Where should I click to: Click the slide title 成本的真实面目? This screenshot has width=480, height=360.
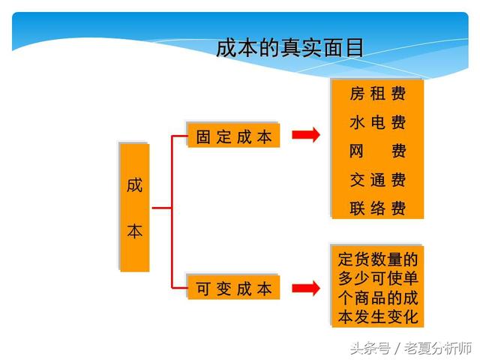click(x=290, y=48)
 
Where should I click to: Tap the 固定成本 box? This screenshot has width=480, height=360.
click(x=233, y=136)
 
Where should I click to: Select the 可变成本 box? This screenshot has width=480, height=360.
click(x=233, y=287)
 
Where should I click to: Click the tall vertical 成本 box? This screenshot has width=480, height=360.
click(x=134, y=207)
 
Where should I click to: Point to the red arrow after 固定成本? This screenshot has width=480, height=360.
click(x=306, y=135)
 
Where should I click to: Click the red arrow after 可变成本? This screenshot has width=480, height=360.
click(x=306, y=288)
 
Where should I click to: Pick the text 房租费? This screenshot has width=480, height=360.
click(x=378, y=93)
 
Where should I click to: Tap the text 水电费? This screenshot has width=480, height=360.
click(x=378, y=122)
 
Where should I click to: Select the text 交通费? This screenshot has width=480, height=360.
click(x=378, y=180)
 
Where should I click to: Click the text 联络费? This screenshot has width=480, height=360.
click(x=378, y=208)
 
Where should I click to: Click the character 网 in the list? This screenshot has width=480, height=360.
click(x=357, y=151)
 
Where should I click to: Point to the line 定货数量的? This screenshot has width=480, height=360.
click(x=378, y=259)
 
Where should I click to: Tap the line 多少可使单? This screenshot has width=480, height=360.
click(x=378, y=278)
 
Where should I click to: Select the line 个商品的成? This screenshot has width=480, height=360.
click(x=378, y=298)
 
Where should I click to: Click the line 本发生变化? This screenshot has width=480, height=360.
click(x=378, y=316)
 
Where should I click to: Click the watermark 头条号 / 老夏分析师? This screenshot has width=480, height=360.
click(x=411, y=348)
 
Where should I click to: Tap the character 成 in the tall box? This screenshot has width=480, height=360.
click(x=135, y=185)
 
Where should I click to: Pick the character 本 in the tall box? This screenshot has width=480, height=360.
click(x=135, y=231)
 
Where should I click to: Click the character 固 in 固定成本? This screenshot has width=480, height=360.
click(x=203, y=136)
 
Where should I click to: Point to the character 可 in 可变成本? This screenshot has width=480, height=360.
click(x=203, y=288)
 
